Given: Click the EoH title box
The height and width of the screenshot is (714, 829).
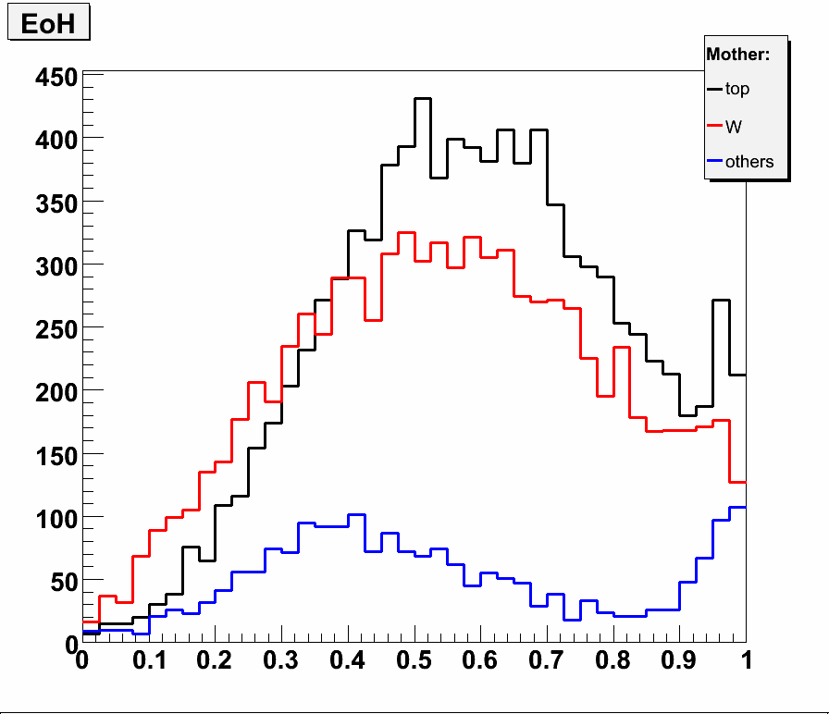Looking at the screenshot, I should click(x=48, y=25).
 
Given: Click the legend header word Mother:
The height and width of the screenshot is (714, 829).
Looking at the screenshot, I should click(x=737, y=55).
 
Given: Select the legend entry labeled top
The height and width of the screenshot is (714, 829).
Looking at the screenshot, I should click(x=737, y=90).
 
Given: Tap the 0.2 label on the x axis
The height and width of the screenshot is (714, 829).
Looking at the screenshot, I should click(x=215, y=662).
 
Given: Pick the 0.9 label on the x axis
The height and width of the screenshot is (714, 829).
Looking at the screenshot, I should click(x=679, y=662).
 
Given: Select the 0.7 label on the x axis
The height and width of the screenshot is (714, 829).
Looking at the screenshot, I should click(x=547, y=662).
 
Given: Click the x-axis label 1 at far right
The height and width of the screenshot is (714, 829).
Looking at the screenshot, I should click(x=746, y=662).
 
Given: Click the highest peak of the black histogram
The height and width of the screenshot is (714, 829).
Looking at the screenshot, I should click(x=423, y=98).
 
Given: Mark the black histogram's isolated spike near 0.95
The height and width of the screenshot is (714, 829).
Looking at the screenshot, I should click(x=721, y=301).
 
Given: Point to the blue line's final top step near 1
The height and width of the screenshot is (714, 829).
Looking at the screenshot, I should click(x=737, y=507).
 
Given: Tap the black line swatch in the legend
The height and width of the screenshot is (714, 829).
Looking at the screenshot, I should click(x=714, y=90).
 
